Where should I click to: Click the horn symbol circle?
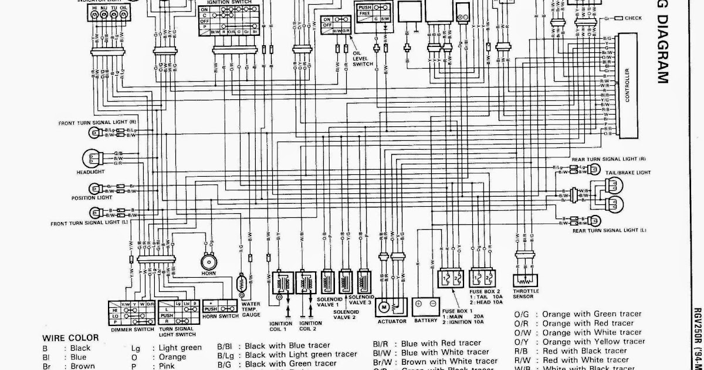pos(207,262)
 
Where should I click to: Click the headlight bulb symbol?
pos(92,158)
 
